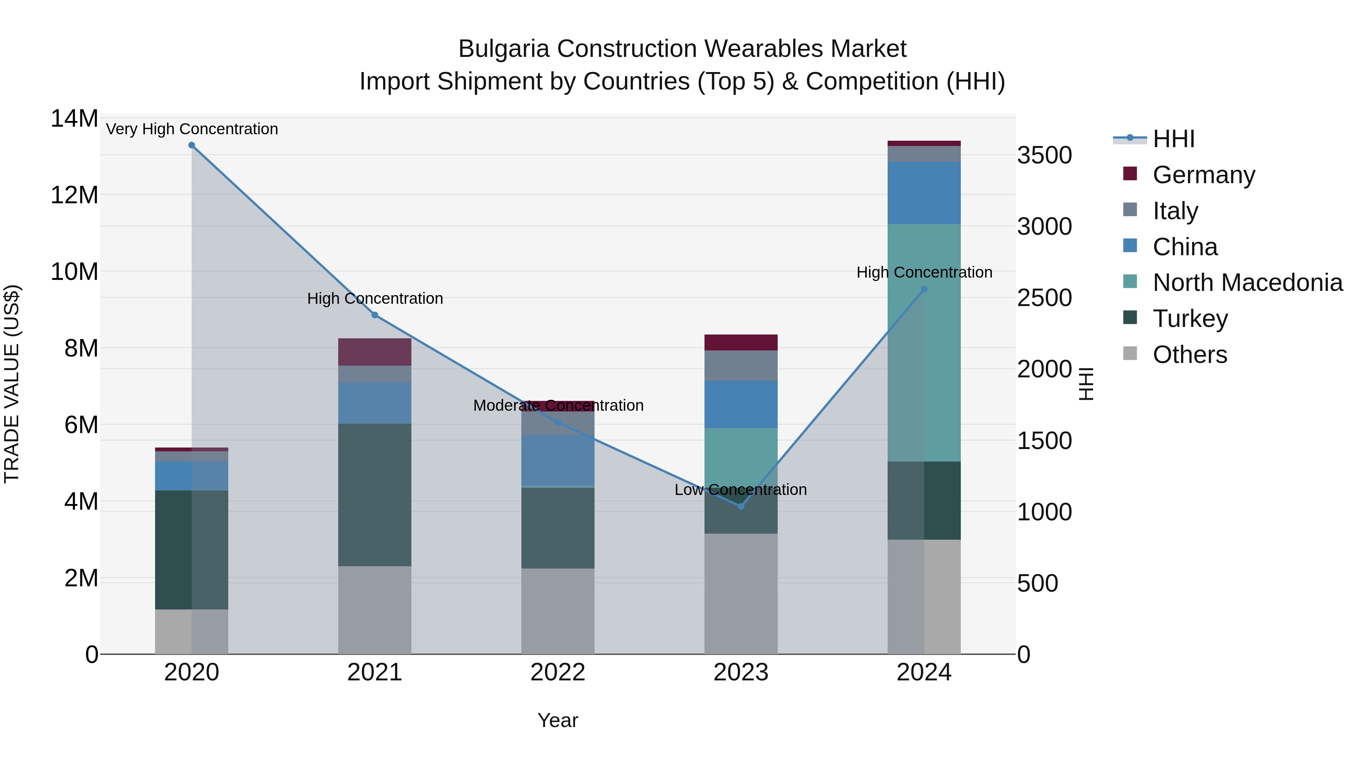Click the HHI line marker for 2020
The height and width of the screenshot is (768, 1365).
point(192,145)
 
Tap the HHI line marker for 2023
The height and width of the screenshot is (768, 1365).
point(741,507)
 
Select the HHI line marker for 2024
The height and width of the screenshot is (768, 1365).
point(924,289)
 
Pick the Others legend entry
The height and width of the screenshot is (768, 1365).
point(1189,355)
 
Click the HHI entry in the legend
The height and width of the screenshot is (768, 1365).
point(1173,139)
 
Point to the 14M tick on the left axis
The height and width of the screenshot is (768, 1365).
point(74,119)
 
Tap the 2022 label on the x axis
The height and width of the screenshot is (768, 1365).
point(557,672)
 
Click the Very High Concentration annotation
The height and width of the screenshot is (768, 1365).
point(192,129)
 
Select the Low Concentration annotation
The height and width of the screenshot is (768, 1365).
point(740,490)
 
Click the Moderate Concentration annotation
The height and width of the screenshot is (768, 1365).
point(558,405)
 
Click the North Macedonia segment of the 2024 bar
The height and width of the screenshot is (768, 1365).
point(924,342)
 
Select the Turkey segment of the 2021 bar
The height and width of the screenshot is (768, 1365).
point(375,495)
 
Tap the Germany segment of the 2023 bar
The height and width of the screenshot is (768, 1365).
point(741,342)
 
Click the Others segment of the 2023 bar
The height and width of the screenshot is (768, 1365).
point(741,594)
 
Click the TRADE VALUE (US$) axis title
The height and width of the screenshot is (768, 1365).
point(12,384)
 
